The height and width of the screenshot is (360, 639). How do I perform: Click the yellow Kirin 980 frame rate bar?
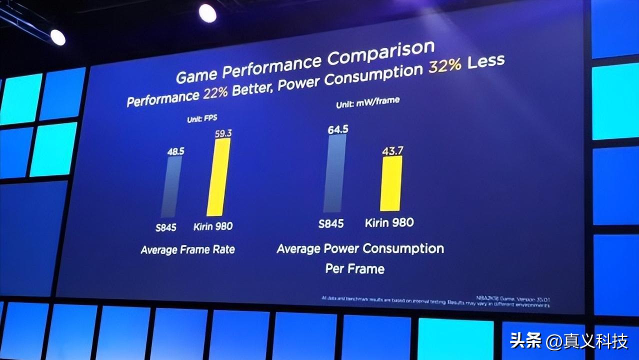[218, 178]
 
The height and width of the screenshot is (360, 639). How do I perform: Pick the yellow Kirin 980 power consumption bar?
[391, 183]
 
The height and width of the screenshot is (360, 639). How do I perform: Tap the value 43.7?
[393, 150]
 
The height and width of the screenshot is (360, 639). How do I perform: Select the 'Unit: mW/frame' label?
[368, 101]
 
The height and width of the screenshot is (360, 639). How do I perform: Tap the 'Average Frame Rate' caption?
[187, 249]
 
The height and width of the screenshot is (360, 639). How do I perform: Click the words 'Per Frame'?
[355, 269]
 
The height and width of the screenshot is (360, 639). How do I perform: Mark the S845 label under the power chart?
[331, 223]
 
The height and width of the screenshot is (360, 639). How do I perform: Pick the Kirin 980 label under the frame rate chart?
[213, 226]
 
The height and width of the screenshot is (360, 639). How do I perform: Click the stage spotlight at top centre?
[207, 13]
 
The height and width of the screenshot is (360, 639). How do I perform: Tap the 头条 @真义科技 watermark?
[568, 341]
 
